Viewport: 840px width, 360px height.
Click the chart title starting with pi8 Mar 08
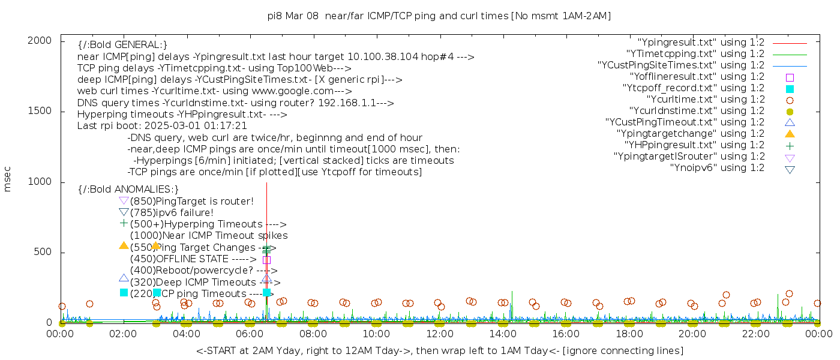[x=439, y=16]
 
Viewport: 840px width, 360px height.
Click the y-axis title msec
[x=8, y=179]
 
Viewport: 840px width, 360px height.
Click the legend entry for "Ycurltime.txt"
[x=705, y=100]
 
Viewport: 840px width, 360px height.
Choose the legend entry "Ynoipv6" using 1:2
[x=717, y=168]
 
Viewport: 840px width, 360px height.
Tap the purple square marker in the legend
[x=790, y=77]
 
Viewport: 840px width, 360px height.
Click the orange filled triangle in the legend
[x=790, y=133]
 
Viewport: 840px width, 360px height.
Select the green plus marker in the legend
[x=790, y=145]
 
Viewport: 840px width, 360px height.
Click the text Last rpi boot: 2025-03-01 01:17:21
[x=162, y=126]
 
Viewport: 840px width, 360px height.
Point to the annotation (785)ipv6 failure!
[x=172, y=212]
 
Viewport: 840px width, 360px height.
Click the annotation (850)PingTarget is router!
[x=191, y=201]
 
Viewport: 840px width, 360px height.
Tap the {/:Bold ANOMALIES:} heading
[x=128, y=190]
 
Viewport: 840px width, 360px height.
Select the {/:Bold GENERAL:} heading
[x=122, y=45]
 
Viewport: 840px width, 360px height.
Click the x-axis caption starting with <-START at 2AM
[x=439, y=350]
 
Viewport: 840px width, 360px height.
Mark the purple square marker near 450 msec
[x=266, y=260]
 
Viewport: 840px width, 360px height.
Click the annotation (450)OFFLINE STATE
[x=193, y=259]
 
